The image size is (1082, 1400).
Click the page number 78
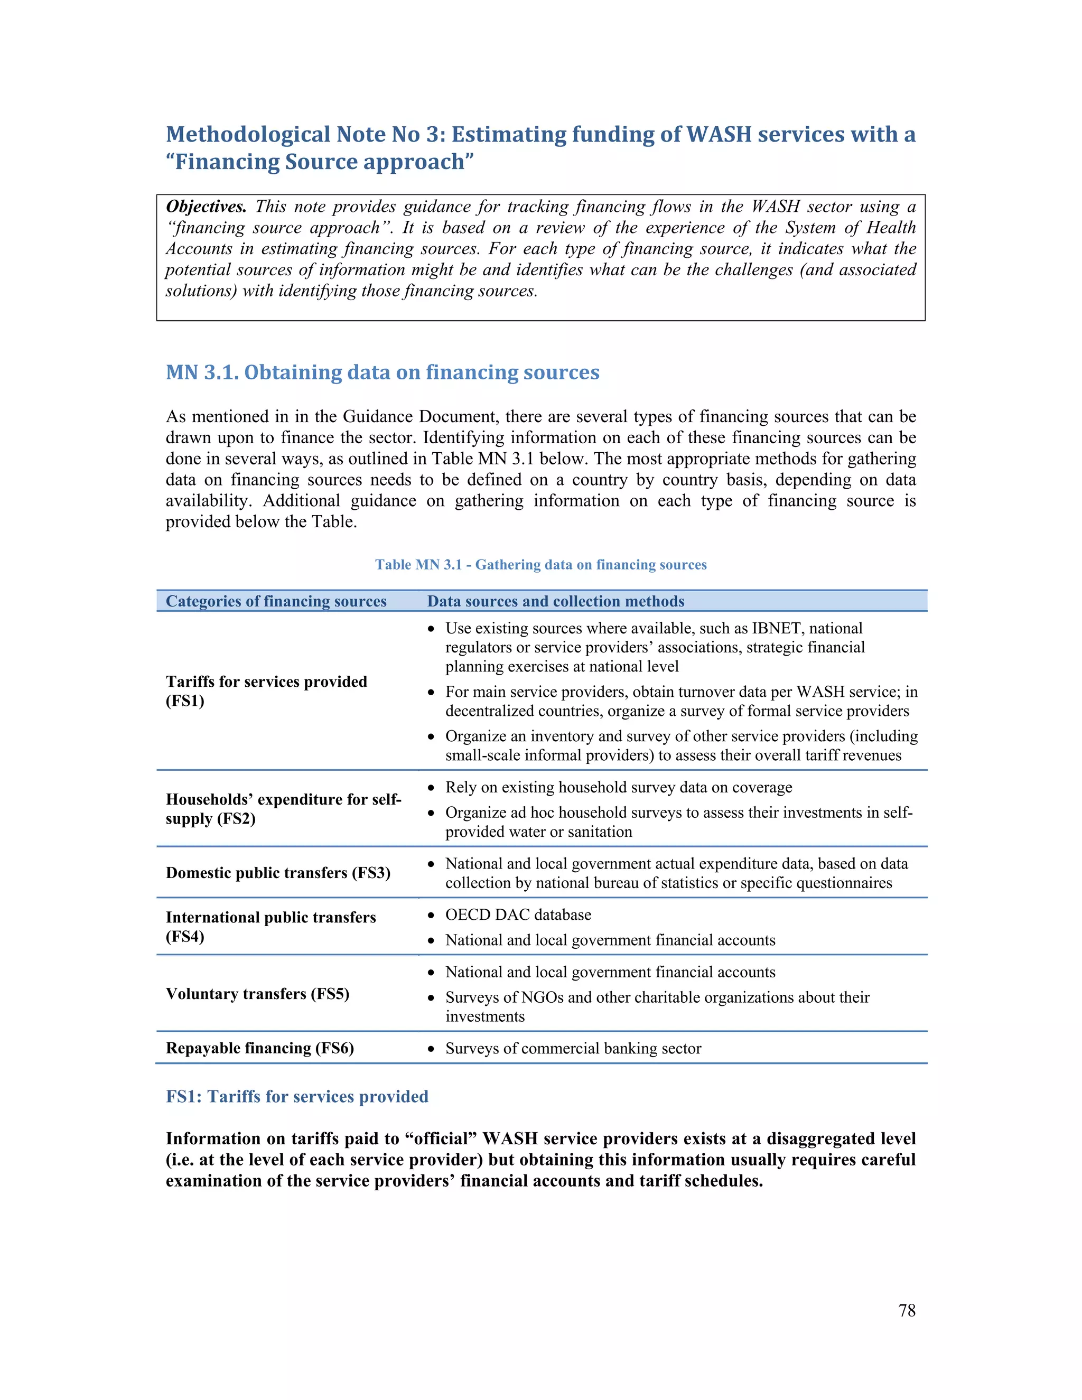point(907,1310)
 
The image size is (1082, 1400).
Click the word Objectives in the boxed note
point(206,207)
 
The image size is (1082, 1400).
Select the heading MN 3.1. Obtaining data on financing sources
point(382,372)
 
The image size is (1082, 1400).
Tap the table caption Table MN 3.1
point(540,565)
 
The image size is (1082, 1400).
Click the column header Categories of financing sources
point(276,601)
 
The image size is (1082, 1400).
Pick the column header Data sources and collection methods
point(555,601)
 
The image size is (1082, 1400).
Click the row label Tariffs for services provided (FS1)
point(266,690)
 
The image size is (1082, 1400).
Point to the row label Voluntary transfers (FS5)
point(257,994)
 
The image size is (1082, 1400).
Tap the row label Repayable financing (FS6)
point(259,1048)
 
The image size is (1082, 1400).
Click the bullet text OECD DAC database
point(518,914)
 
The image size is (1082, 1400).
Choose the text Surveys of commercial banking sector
point(573,1048)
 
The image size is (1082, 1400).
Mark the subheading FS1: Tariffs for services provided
point(297,1097)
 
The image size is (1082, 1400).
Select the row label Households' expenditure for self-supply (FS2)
point(283,808)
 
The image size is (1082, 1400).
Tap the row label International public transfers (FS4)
point(270,926)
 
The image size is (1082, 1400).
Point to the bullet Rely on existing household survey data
point(618,787)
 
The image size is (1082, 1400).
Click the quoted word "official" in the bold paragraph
point(441,1138)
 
